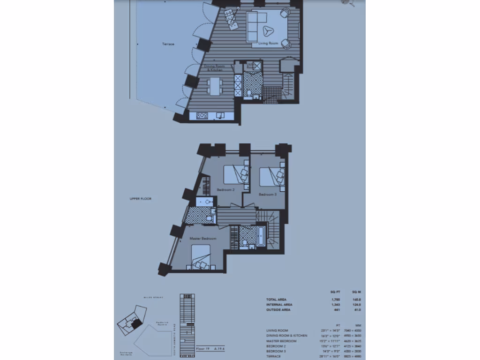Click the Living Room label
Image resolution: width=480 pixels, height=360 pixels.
(x=268, y=44)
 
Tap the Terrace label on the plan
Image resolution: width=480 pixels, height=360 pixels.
(x=168, y=44)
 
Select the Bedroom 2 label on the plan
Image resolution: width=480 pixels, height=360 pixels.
(x=225, y=190)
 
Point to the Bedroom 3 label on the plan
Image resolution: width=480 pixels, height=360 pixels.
(x=269, y=194)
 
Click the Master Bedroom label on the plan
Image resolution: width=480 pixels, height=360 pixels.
(x=203, y=239)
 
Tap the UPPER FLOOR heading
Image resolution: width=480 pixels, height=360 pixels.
(x=141, y=199)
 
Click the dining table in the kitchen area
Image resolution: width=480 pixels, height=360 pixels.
(x=215, y=86)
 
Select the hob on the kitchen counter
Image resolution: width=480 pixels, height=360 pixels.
(x=202, y=115)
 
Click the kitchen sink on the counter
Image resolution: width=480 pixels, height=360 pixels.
(x=220, y=115)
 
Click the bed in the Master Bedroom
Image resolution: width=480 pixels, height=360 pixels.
(x=201, y=257)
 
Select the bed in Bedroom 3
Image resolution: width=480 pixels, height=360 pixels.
(x=271, y=178)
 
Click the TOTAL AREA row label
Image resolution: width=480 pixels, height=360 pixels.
(x=276, y=299)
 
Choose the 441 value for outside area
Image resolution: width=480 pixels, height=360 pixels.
(x=335, y=310)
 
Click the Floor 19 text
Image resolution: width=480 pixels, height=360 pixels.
(x=203, y=349)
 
